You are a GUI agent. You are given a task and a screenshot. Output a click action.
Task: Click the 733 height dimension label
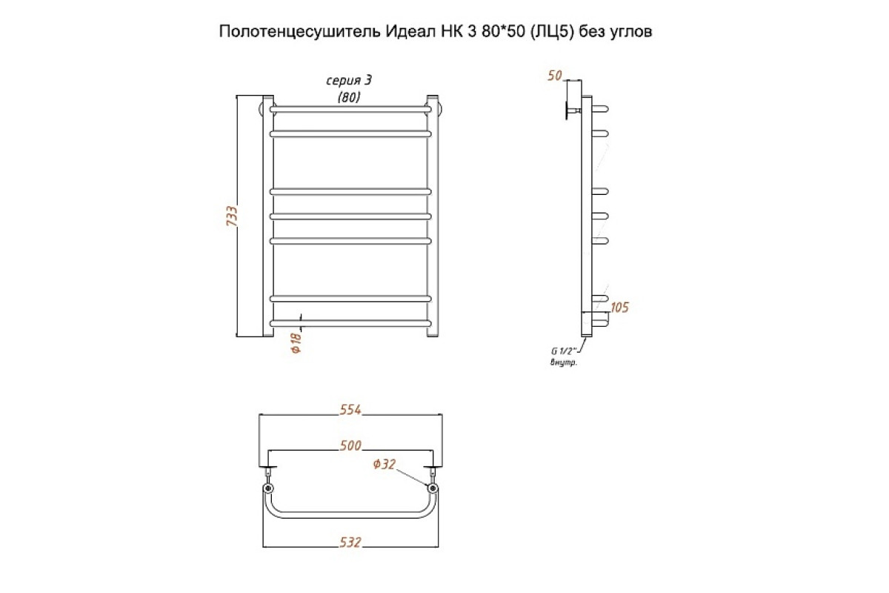pyautogui.click(x=232, y=216)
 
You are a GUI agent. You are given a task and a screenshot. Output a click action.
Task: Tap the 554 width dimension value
pyautogui.click(x=350, y=409)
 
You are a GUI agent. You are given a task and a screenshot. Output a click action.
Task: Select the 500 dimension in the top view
pyautogui.click(x=350, y=445)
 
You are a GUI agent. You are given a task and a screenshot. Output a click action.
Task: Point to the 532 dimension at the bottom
pyautogui.click(x=350, y=542)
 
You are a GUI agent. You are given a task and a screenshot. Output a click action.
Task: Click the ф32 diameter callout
pyautogui.click(x=384, y=464)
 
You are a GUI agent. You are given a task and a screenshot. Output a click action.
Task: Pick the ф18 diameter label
pyautogui.click(x=296, y=342)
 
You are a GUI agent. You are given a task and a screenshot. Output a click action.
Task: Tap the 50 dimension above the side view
pyautogui.click(x=555, y=76)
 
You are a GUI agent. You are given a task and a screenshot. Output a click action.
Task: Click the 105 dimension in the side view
pyautogui.click(x=620, y=307)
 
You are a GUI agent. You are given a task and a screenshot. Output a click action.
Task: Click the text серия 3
pyautogui.click(x=349, y=81)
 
